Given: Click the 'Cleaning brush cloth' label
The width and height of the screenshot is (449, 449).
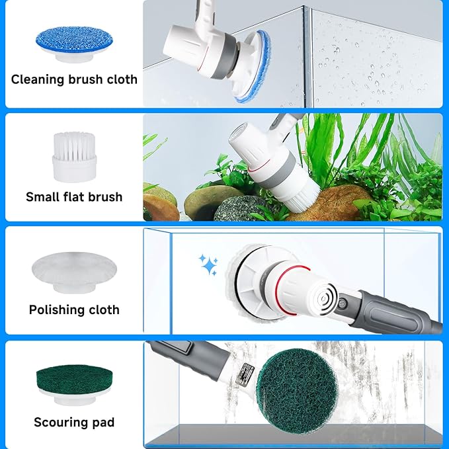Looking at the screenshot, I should pyautogui.click(x=74, y=79).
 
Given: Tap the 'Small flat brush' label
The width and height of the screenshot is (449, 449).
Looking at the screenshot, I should pyautogui.click(x=74, y=196).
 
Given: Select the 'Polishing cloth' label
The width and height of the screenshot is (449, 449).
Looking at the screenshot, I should pyautogui.click(x=74, y=309).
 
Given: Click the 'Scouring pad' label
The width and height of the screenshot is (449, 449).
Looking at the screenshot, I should pyautogui.click(x=74, y=422).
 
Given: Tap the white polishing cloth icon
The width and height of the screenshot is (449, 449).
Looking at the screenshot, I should pyautogui.click(x=73, y=270).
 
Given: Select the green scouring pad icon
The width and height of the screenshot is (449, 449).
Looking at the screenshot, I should pyautogui.click(x=73, y=384).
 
